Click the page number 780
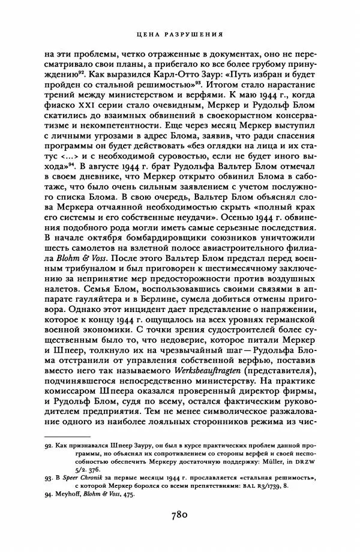[x=180, y=514]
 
